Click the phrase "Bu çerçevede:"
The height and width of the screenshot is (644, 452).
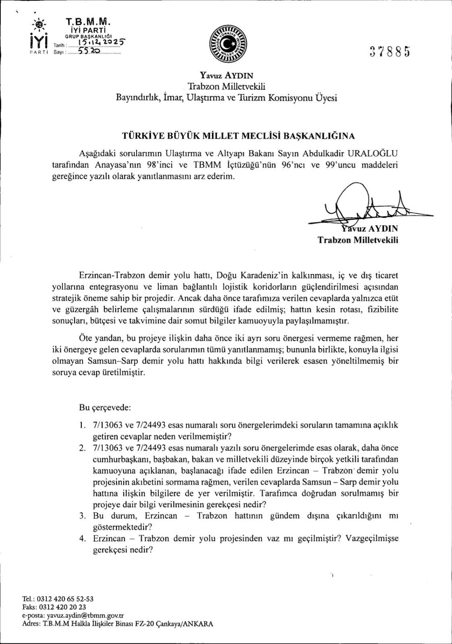tap(105, 407)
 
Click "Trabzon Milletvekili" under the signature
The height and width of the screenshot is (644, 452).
tap(358, 240)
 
